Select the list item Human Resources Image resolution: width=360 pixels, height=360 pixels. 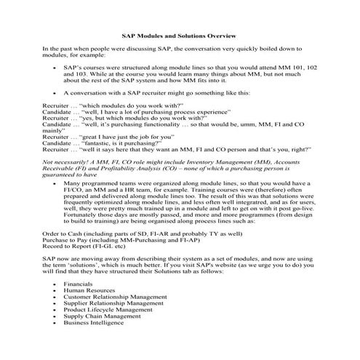click(x=88, y=291)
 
